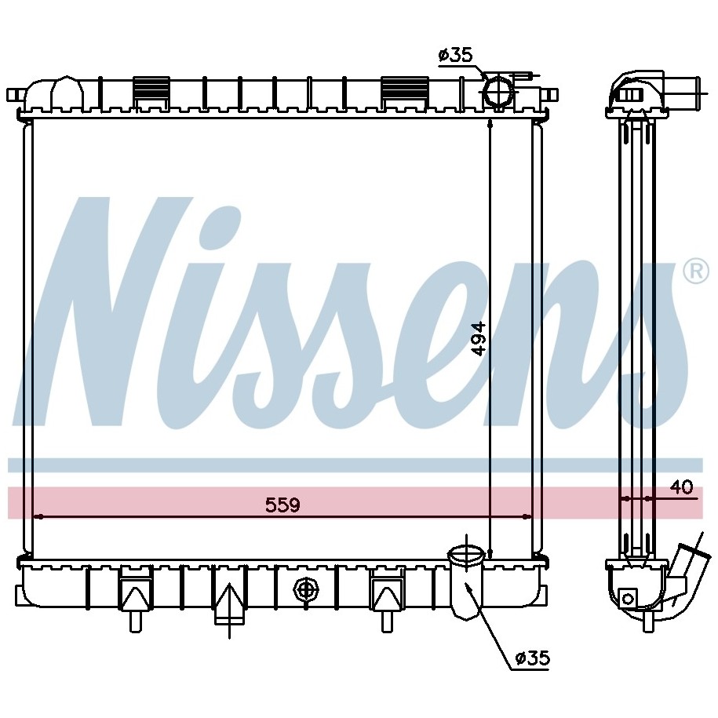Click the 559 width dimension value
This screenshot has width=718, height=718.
[x=282, y=505]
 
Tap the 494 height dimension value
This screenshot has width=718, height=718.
[x=479, y=338]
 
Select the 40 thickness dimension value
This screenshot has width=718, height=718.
[x=681, y=487]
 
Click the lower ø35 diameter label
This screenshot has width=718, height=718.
[x=533, y=658]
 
